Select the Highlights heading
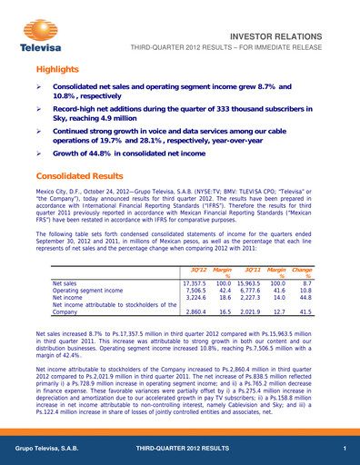[x=58, y=71]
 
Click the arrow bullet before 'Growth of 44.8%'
[x=41, y=152]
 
